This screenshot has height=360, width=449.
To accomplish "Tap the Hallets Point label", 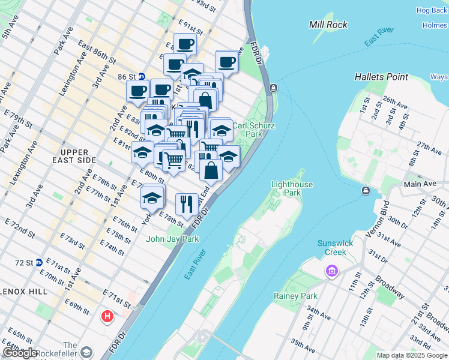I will [x=381, y=77].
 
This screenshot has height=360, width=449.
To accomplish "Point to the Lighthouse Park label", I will [x=292, y=188].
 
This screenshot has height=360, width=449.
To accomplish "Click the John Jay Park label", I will [x=172, y=239].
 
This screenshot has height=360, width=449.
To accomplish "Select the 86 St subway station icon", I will [x=142, y=77].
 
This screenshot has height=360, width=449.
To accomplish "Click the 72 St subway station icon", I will [x=38, y=262].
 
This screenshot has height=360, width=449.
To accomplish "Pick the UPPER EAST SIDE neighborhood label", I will [x=75, y=156].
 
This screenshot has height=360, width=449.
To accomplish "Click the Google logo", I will [x=20, y=353].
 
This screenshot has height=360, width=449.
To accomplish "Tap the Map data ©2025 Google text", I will [x=412, y=355].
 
